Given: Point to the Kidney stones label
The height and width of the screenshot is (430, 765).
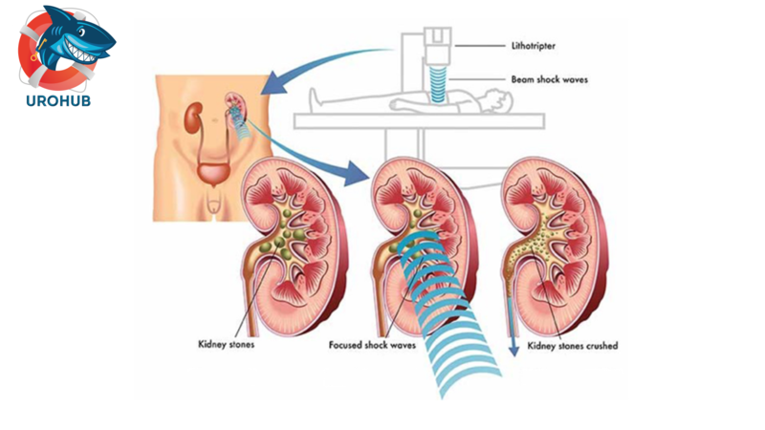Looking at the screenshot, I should [x=228, y=345].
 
